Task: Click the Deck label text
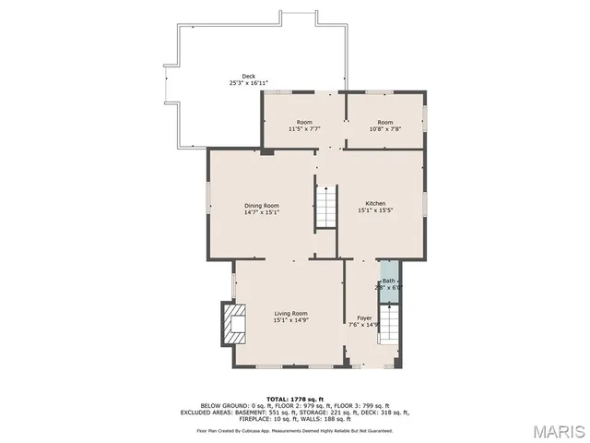(248, 77)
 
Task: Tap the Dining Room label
(261, 206)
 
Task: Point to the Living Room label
(290, 314)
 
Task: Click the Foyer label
(365, 317)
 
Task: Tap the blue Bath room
(389, 283)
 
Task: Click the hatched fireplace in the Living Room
(230, 323)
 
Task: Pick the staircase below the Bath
(391, 325)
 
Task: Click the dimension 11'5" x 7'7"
(303, 129)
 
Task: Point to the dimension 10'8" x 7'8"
(384, 129)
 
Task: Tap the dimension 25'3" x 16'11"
(248, 83)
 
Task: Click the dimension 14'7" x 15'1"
(261, 212)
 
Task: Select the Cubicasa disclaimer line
(294, 430)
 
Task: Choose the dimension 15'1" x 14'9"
(290, 320)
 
